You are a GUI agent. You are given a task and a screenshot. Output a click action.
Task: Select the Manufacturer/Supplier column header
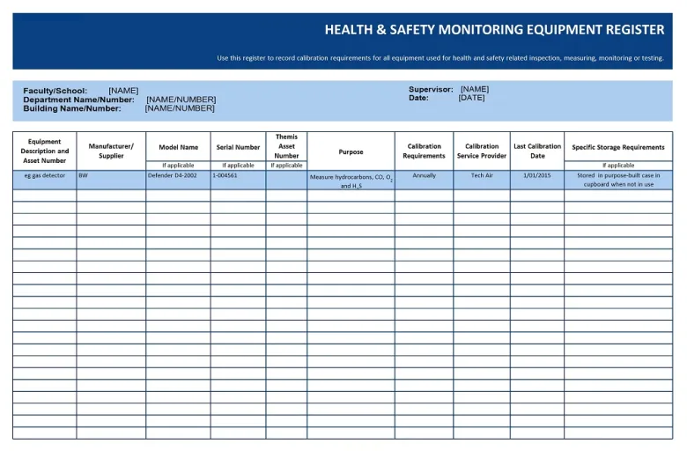point(111,151)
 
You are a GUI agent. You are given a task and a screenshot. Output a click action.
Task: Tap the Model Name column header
point(178,147)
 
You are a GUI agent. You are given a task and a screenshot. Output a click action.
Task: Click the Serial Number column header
point(238,147)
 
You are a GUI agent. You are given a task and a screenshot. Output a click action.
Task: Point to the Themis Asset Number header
point(286,146)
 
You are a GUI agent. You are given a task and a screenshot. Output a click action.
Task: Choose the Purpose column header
point(351,152)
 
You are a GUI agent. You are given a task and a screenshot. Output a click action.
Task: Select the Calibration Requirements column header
point(424,151)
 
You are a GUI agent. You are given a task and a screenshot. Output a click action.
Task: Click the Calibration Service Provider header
point(482,151)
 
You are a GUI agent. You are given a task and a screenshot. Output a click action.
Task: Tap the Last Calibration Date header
point(537,151)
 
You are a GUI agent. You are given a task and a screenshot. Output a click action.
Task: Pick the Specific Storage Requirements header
point(618,147)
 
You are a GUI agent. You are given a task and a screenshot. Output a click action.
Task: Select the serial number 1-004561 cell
point(225,175)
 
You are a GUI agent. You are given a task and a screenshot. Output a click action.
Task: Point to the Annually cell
point(424,175)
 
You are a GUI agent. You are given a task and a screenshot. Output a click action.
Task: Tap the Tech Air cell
point(482,175)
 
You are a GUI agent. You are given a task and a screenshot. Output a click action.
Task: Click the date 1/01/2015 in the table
point(536,175)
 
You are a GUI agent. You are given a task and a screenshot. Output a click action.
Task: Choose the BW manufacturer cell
point(83,175)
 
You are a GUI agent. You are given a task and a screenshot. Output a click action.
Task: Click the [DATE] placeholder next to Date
point(471,98)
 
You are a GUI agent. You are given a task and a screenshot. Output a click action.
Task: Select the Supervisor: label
point(431,89)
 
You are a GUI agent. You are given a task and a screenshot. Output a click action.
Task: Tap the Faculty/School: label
point(55,91)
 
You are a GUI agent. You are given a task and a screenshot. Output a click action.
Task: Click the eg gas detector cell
point(44,175)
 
